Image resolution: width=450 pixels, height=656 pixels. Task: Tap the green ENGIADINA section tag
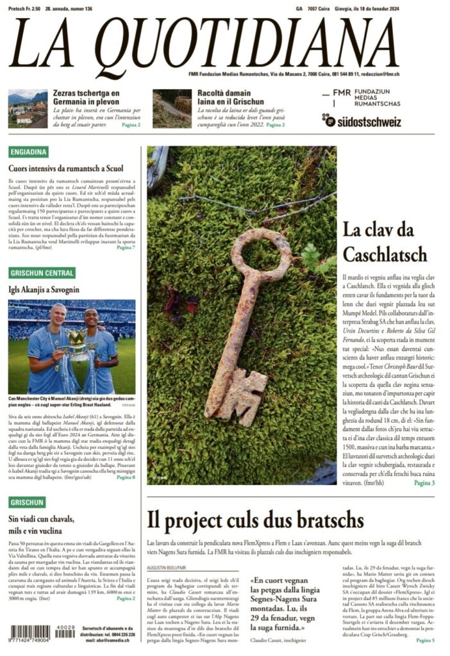click(x=29, y=152)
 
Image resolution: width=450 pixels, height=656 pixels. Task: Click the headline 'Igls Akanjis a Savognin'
click(x=44, y=290)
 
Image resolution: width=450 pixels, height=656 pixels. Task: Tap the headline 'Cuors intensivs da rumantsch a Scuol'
click(x=65, y=168)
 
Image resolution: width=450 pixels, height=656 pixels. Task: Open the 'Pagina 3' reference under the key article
click(x=424, y=482)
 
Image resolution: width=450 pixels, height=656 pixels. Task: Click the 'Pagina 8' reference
click(x=124, y=478)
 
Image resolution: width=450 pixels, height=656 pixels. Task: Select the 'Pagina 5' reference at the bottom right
click(x=424, y=640)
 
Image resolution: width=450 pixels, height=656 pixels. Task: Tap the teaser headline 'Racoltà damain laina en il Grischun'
click(x=221, y=97)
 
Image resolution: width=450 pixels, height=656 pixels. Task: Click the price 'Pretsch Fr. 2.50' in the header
click(x=24, y=8)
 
